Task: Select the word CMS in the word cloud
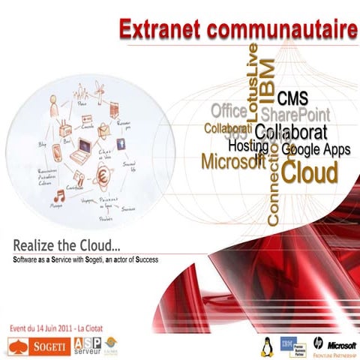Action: [x=292, y=98]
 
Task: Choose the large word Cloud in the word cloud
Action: [x=310, y=169]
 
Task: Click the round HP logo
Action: [x=318, y=344]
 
